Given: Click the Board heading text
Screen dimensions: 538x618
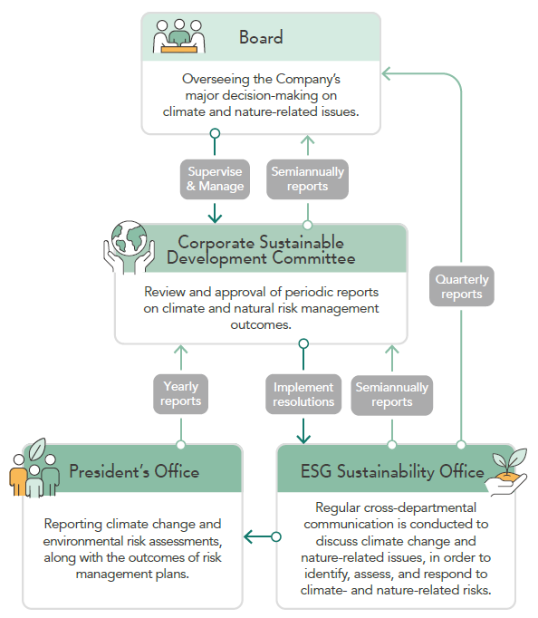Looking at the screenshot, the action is pos(261,37).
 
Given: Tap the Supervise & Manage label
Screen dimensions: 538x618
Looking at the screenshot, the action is pos(215,179).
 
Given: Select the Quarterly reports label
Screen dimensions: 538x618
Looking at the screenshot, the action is pos(462,286).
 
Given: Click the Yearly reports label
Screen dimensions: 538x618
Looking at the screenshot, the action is pos(181,394).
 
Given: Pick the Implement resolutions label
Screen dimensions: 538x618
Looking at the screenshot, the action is pos(303,394).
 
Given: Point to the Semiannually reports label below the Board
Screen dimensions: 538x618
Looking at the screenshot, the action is pos(308,179).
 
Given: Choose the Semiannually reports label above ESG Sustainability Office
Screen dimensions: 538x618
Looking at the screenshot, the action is pos(392,395).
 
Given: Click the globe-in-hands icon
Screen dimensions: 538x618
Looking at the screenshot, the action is pos(129,247).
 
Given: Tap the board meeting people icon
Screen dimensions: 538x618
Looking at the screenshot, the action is pos(179,36).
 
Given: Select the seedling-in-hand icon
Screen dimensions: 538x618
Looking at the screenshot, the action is pos(506,472).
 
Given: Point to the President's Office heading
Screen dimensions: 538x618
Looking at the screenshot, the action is pos(134,471).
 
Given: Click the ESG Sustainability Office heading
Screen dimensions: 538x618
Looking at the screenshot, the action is pos(392,472).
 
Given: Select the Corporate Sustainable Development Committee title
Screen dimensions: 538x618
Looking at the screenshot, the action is pos(261,250).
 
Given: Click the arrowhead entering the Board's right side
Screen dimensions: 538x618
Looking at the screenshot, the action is pos(386,73).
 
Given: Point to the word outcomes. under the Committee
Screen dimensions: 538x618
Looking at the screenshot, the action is pos(261,324).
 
